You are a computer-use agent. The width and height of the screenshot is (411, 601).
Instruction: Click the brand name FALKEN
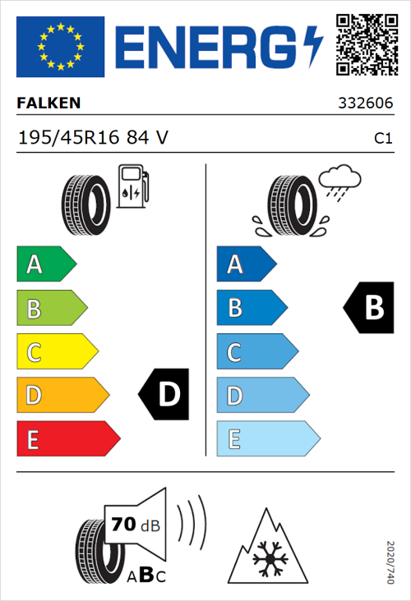(48, 103)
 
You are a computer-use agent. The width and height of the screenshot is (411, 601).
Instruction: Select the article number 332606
(365, 104)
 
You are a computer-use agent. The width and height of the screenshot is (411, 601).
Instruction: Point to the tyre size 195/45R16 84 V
(92, 137)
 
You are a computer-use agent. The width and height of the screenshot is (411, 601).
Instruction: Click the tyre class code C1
(382, 138)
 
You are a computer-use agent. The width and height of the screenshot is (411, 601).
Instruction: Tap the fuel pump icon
(132, 186)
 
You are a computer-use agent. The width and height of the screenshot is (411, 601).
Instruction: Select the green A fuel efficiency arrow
(45, 264)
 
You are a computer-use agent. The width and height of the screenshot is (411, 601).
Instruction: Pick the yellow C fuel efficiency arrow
(56, 352)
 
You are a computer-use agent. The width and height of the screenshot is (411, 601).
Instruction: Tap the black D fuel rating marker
(165, 395)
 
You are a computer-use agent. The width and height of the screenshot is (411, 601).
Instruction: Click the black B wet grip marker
(370, 308)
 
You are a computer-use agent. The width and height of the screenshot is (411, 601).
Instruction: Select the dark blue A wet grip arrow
(245, 264)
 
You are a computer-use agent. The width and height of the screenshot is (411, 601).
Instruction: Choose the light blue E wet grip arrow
(266, 439)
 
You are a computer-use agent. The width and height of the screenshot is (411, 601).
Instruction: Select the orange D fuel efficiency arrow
(61, 396)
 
